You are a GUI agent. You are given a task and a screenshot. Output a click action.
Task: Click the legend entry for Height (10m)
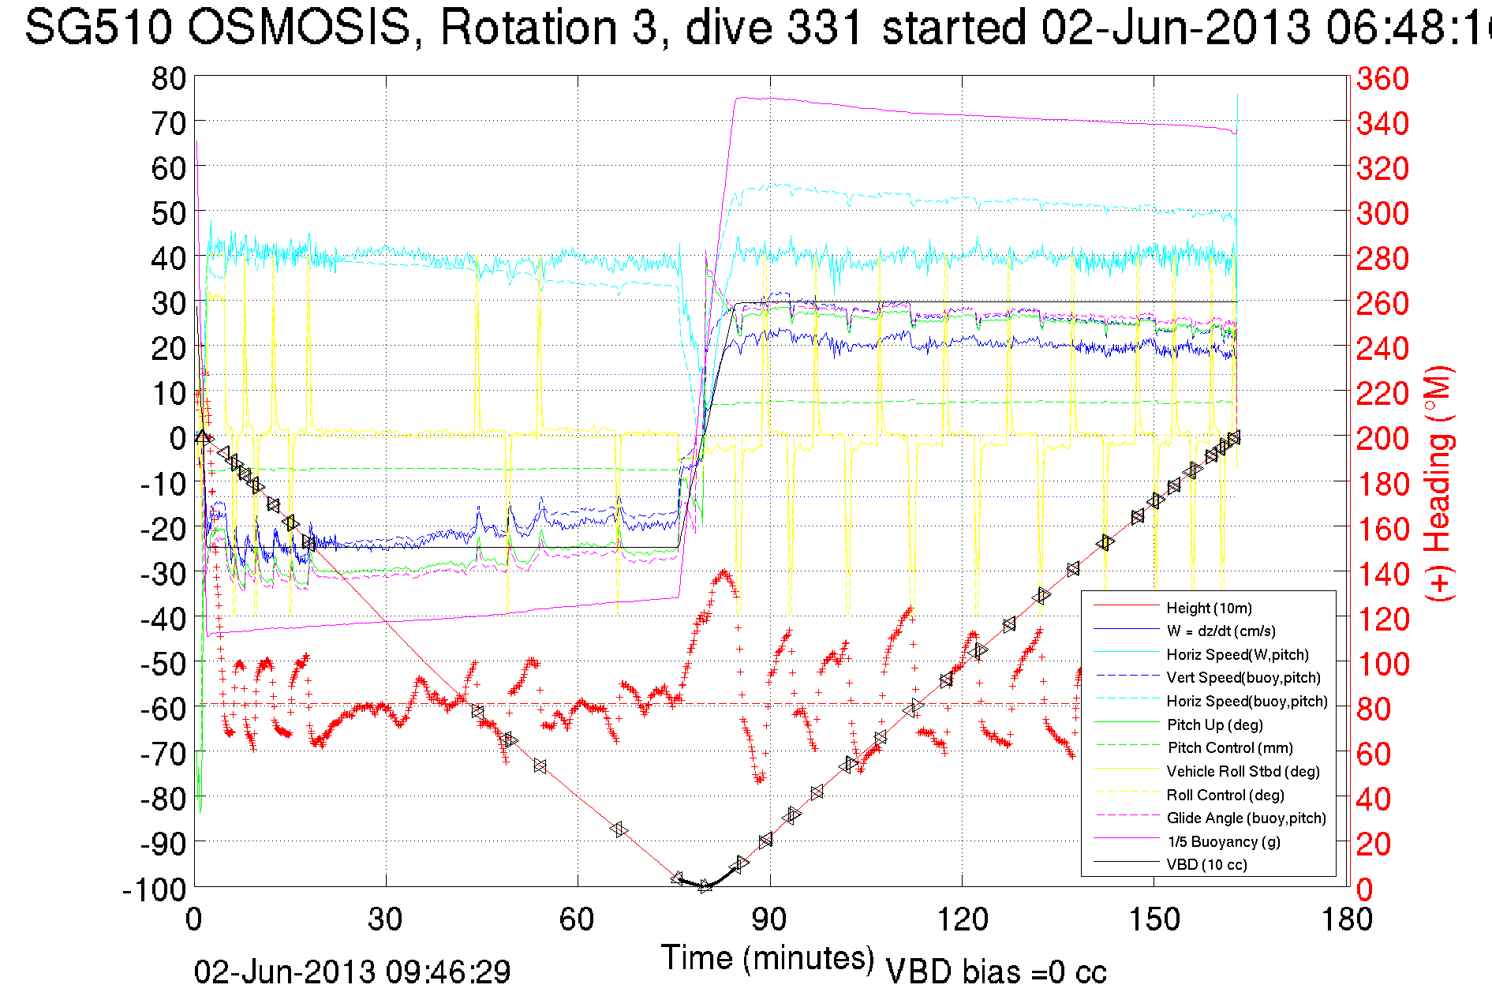click(x=1209, y=608)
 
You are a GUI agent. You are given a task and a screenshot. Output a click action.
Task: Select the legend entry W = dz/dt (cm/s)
click(x=1221, y=631)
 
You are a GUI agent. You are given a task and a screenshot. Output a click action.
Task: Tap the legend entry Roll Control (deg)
click(x=1225, y=795)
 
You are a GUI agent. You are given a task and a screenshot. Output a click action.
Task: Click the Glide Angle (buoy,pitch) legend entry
click(x=1246, y=818)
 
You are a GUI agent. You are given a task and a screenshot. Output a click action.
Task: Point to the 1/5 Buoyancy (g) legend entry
click(x=1224, y=841)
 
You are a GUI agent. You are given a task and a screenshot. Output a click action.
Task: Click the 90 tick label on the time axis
click(x=769, y=919)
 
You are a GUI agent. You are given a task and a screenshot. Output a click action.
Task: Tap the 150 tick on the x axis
click(x=1154, y=919)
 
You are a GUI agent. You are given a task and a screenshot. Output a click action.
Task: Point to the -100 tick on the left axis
click(x=154, y=889)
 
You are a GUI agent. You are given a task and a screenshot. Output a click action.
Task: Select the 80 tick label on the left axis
click(x=168, y=78)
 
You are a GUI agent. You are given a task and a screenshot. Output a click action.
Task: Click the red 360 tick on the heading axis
click(x=1382, y=78)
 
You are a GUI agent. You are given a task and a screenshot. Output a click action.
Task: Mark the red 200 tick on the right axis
click(x=1382, y=438)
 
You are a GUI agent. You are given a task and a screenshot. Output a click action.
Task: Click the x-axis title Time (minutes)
click(x=768, y=958)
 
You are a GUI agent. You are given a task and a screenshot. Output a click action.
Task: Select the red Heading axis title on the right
click(x=1439, y=483)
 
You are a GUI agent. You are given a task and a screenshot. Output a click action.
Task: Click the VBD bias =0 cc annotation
click(x=996, y=972)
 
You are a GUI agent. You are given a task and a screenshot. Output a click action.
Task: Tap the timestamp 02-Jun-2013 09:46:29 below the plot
click(x=352, y=972)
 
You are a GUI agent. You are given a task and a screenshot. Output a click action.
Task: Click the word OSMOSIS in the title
click(x=300, y=28)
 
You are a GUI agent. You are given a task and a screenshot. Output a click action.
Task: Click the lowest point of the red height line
click(x=705, y=886)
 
